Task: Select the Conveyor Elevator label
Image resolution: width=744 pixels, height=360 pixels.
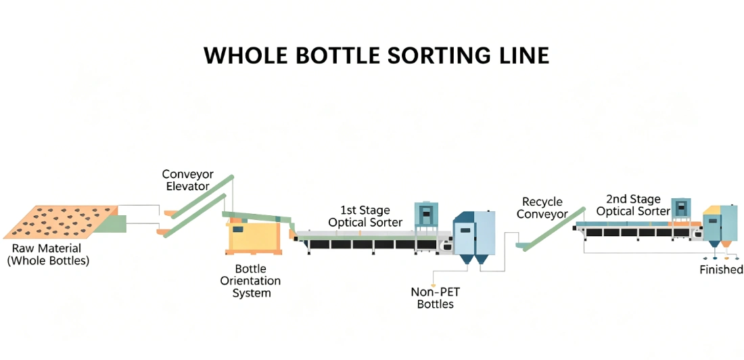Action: [x=187, y=180]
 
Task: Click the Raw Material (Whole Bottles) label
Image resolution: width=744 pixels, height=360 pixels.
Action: [x=47, y=254]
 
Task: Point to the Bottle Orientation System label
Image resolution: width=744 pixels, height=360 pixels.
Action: [x=251, y=281]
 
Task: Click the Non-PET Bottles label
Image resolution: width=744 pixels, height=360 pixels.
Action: [x=435, y=298]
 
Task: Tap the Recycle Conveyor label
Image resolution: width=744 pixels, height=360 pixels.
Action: [x=542, y=208]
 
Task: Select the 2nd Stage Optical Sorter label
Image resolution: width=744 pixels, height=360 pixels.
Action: [x=633, y=204]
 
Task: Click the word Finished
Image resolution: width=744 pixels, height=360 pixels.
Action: [x=721, y=269]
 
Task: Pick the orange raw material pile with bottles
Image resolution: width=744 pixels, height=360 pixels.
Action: [x=60, y=222]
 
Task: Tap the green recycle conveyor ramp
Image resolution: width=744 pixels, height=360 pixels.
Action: [x=551, y=227]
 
